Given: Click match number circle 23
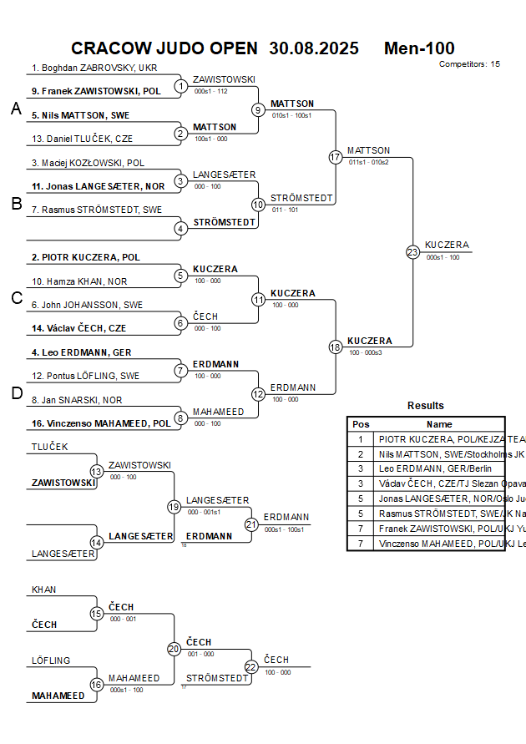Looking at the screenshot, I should point(412,252).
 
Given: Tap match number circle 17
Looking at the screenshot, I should point(336,157).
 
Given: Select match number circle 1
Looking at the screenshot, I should point(181,86).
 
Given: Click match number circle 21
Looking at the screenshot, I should point(251,524).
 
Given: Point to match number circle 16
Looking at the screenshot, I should point(97,685).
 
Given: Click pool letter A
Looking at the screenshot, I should point(16,109).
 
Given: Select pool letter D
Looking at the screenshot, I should point(16,393).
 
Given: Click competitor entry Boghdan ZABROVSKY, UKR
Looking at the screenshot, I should point(94,68).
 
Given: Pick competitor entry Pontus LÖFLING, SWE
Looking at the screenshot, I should point(86,376).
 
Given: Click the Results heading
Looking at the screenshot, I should point(426,406).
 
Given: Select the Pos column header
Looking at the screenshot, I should point(361,424).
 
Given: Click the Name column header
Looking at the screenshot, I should point(439,424).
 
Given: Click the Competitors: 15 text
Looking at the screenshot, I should point(469,63).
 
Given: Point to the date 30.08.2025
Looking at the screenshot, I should point(314,48).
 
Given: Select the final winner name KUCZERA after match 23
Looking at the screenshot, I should point(447,245).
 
